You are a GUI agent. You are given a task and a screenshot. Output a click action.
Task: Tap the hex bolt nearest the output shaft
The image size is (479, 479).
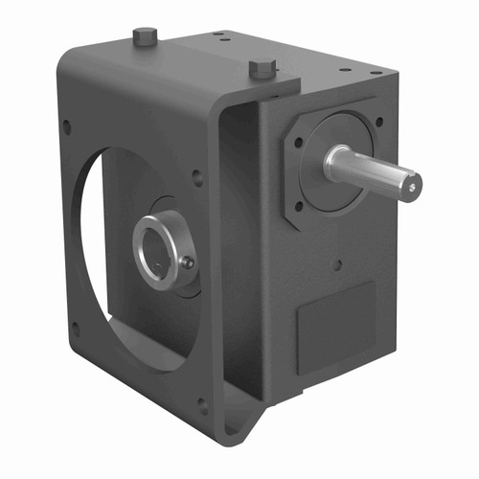pyautogui.click(x=262, y=69)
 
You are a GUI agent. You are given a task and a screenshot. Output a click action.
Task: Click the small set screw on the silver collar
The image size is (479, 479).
pyautogui.click(x=188, y=262)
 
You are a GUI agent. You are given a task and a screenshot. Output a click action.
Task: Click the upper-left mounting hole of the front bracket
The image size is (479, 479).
pyautogui.click(x=66, y=125)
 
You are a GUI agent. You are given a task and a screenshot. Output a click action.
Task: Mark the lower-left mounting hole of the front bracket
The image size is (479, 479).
pyautogui.click(x=75, y=329)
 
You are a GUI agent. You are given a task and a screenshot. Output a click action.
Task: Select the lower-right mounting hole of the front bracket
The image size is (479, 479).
pyautogui.click(x=202, y=405)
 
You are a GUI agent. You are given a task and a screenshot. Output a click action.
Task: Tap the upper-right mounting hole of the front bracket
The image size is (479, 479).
pyautogui.click(x=196, y=176)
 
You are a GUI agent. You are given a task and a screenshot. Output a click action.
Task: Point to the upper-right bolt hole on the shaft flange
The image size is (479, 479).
pyautogui.click(x=380, y=122)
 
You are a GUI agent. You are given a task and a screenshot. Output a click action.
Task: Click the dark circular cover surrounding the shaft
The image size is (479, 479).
pyautogui.click(x=335, y=192)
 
